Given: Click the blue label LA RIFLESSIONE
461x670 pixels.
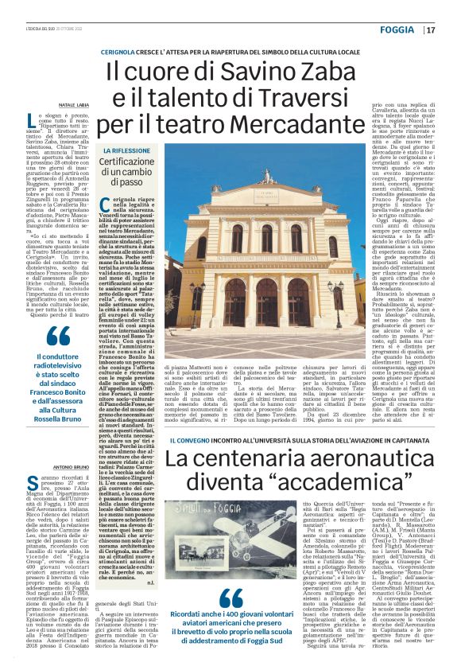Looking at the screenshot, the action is tap(126, 150).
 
